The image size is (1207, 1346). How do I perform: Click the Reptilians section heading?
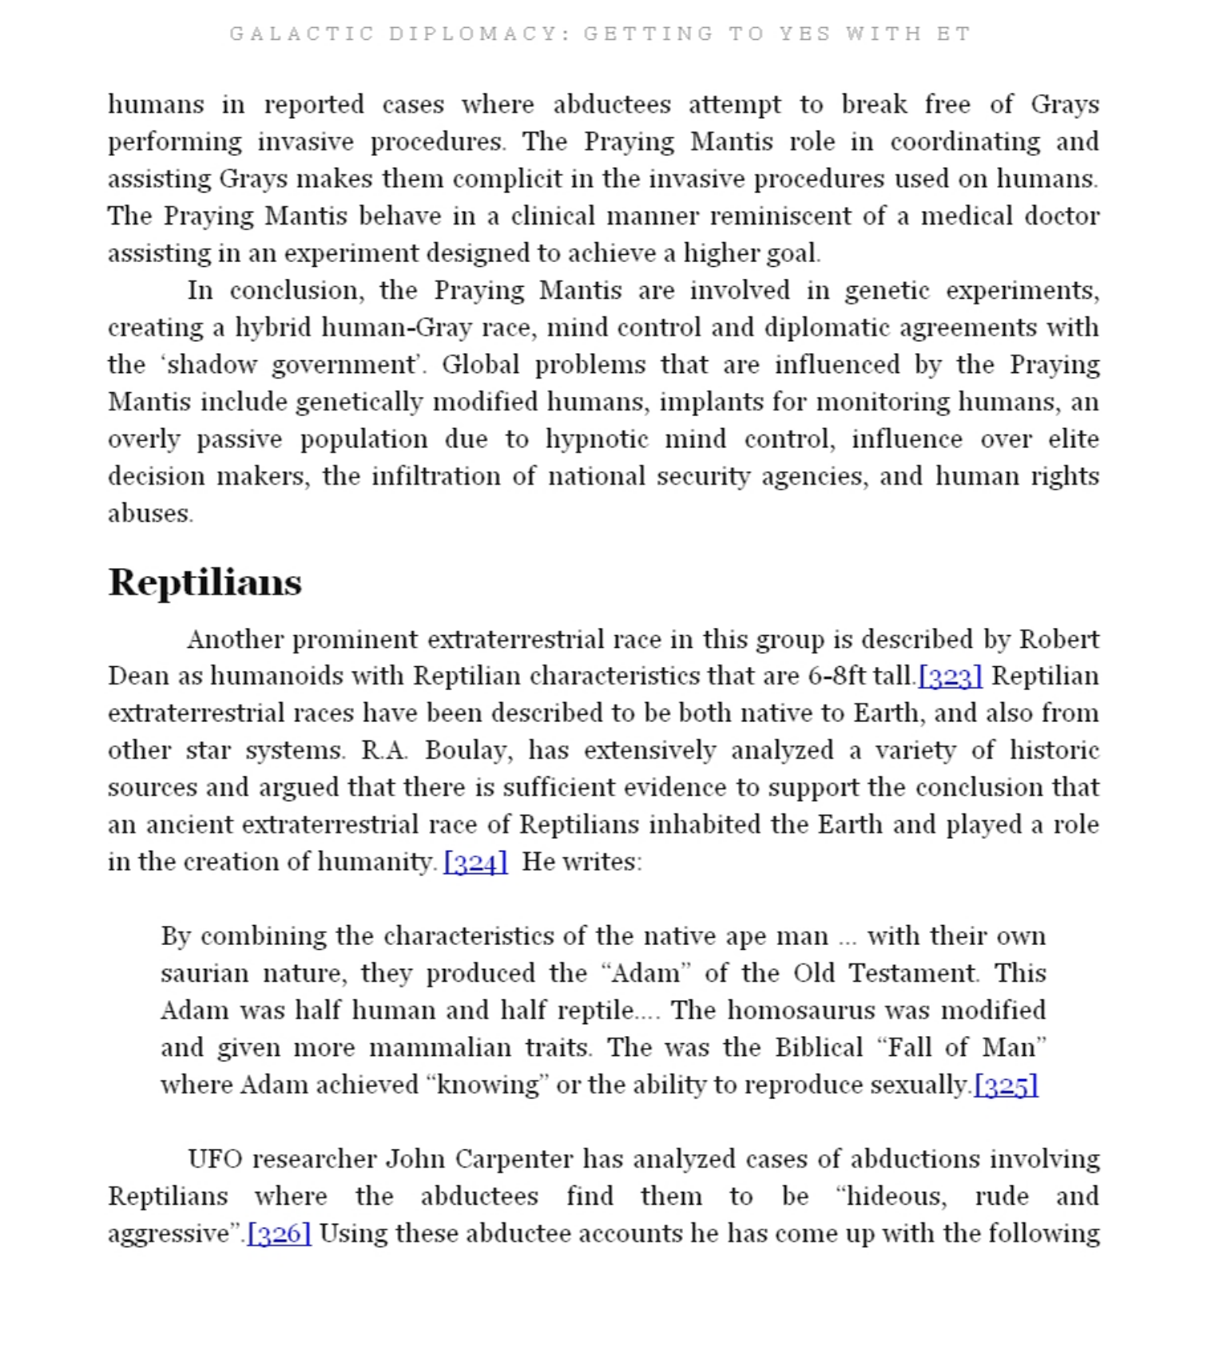[x=204, y=582]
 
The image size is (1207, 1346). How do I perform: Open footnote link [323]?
[x=950, y=677]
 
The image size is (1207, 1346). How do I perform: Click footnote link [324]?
[x=475, y=862]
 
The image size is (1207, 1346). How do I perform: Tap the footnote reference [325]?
[x=1006, y=1086]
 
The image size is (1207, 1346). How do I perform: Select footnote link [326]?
[x=279, y=1234]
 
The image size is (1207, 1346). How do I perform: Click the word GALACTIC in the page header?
[x=301, y=34]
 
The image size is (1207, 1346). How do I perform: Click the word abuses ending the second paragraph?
[x=149, y=514]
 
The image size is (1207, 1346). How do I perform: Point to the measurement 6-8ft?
[x=836, y=677]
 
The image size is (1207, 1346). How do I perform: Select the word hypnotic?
[x=597, y=439]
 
